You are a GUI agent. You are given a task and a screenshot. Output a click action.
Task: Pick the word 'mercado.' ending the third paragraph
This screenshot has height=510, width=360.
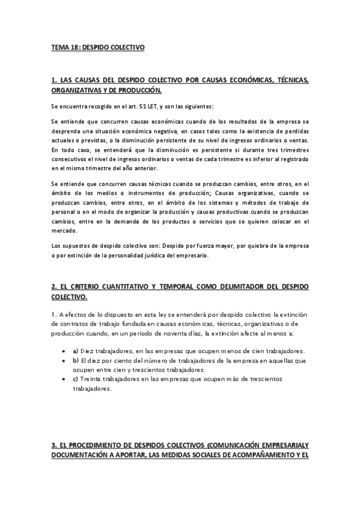64,231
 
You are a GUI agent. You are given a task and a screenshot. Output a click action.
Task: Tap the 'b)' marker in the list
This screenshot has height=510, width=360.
75,360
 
